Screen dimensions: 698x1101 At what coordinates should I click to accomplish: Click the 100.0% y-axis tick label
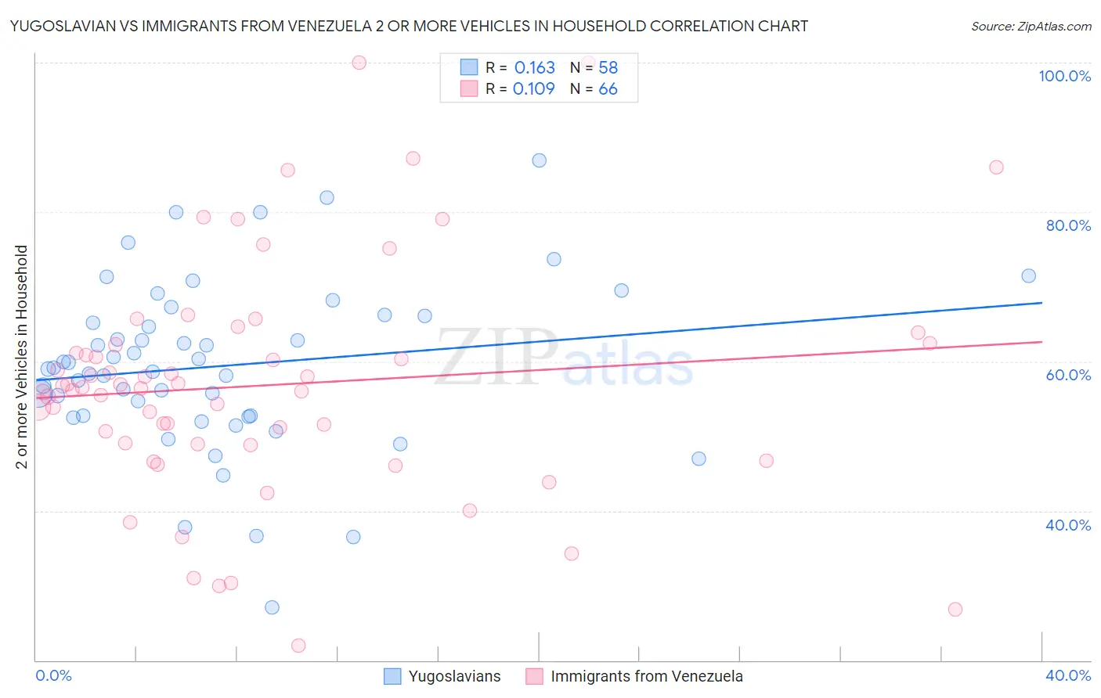pyautogui.click(x=1064, y=76)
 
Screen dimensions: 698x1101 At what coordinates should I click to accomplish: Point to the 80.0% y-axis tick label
pyautogui.click(x=1068, y=225)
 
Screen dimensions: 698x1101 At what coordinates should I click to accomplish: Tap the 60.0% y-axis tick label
pyautogui.click(x=1068, y=375)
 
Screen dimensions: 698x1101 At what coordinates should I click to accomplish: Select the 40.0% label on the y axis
pyautogui.click(x=1068, y=525)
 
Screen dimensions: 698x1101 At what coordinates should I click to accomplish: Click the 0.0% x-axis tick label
pyautogui.click(x=53, y=675)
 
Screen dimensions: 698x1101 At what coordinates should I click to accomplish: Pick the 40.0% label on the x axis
pyautogui.click(x=1068, y=675)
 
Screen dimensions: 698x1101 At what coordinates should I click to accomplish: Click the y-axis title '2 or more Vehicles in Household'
pyautogui.click(x=22, y=357)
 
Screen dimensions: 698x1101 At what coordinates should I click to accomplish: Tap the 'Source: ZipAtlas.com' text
pyautogui.click(x=1031, y=27)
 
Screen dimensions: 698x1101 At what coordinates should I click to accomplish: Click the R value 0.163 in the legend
pyautogui.click(x=534, y=68)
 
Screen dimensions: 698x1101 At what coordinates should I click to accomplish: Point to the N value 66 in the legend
pyautogui.click(x=608, y=89)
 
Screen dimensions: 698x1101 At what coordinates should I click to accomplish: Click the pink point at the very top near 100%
pyautogui.click(x=359, y=63)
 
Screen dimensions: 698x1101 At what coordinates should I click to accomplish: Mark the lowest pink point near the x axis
pyautogui.click(x=298, y=646)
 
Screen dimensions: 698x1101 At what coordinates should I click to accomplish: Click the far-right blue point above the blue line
pyautogui.click(x=1028, y=275)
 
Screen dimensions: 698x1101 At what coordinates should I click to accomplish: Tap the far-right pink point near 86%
pyautogui.click(x=996, y=167)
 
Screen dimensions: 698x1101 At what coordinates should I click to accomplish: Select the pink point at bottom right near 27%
pyautogui.click(x=955, y=609)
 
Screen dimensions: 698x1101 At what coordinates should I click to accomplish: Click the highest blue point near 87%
pyautogui.click(x=539, y=160)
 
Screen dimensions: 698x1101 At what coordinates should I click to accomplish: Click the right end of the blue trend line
pyautogui.click(x=1041, y=302)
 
